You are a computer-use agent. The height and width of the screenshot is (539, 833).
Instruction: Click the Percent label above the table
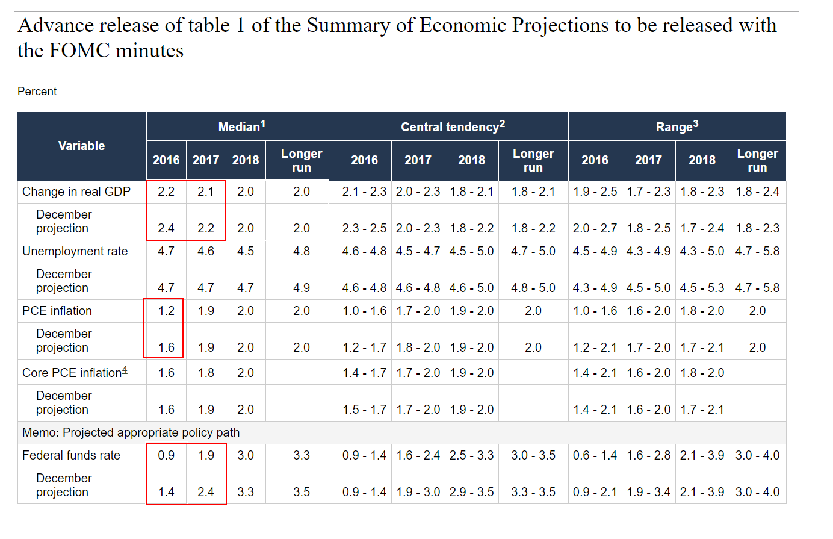click(x=37, y=92)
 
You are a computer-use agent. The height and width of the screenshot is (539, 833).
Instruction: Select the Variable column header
click(x=81, y=146)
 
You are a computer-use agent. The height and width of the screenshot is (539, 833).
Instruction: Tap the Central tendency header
click(x=453, y=126)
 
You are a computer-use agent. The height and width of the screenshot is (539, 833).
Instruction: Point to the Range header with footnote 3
click(x=677, y=126)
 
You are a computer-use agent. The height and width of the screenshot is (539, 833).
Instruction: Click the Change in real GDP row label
click(x=76, y=192)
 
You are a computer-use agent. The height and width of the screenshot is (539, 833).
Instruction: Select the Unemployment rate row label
click(x=75, y=251)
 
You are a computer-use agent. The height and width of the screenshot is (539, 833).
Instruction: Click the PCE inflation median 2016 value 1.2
click(x=166, y=311)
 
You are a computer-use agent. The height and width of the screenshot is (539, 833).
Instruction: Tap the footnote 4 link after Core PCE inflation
click(x=125, y=370)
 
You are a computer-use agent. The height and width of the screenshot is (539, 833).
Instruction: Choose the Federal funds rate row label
click(x=71, y=455)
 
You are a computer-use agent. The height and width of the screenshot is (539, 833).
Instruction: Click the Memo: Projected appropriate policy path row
click(x=131, y=432)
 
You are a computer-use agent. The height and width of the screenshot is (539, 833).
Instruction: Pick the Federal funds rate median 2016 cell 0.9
click(x=166, y=455)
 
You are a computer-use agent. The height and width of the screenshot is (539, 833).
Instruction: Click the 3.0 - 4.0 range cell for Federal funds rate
click(x=757, y=455)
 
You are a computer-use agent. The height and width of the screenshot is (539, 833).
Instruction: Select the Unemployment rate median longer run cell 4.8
click(x=302, y=251)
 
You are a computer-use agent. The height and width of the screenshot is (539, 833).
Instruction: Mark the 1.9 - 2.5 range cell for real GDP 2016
click(x=595, y=192)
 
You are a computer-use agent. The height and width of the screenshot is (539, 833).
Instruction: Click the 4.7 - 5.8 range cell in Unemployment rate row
click(x=757, y=251)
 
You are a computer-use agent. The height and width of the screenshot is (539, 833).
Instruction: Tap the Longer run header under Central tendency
click(x=533, y=160)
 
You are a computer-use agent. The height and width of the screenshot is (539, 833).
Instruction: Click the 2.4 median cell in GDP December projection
click(x=166, y=228)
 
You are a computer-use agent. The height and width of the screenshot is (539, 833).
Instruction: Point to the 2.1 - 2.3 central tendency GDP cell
click(x=364, y=192)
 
